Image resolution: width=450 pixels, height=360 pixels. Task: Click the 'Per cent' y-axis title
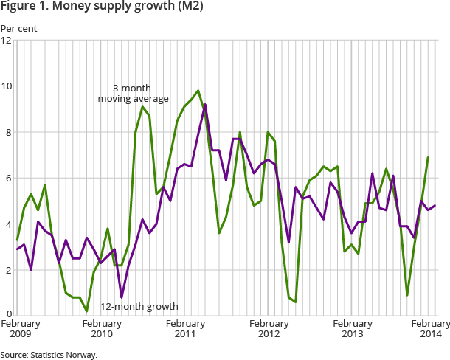coord(18,29)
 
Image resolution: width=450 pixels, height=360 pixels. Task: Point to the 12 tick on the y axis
coord(6,41)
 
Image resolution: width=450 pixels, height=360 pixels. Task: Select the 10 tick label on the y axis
coord(6,86)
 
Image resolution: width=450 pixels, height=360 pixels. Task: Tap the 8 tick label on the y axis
coord(7,133)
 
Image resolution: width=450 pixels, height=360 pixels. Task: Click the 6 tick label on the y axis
coord(7,179)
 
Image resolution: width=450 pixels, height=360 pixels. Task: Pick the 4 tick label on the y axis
coord(7,224)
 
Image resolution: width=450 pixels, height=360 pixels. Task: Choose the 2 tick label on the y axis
coord(7,271)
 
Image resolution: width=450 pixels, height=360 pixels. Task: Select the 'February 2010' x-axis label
coord(102,328)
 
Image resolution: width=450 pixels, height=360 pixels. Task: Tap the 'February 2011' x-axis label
coord(185,328)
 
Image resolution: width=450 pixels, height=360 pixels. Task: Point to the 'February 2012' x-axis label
coord(269,328)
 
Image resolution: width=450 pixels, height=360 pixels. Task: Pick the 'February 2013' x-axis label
coord(353,328)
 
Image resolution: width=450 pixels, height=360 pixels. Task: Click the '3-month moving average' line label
coord(134,93)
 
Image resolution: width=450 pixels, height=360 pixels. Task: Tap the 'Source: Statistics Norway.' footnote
coord(49,354)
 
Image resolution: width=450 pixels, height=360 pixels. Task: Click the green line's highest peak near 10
coord(198,91)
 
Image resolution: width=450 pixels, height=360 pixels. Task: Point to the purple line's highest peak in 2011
coord(205,105)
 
